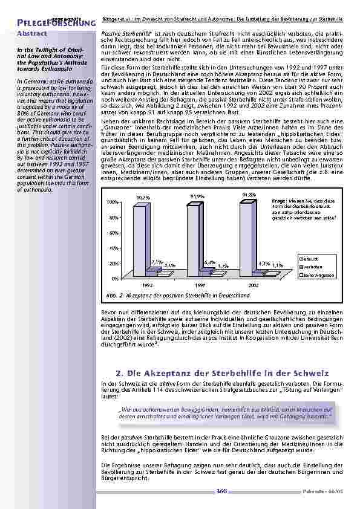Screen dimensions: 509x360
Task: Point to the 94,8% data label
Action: pos(249,194)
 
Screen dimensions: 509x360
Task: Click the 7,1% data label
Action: pos(157,261)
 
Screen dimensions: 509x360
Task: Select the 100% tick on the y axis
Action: pos(113,201)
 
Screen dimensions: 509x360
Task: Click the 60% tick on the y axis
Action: pos(114,232)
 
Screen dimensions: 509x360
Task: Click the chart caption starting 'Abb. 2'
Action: pos(175,295)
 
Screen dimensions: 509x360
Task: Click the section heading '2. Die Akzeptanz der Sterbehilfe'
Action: pos(221,373)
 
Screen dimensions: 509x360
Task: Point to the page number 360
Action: pos(221,491)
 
